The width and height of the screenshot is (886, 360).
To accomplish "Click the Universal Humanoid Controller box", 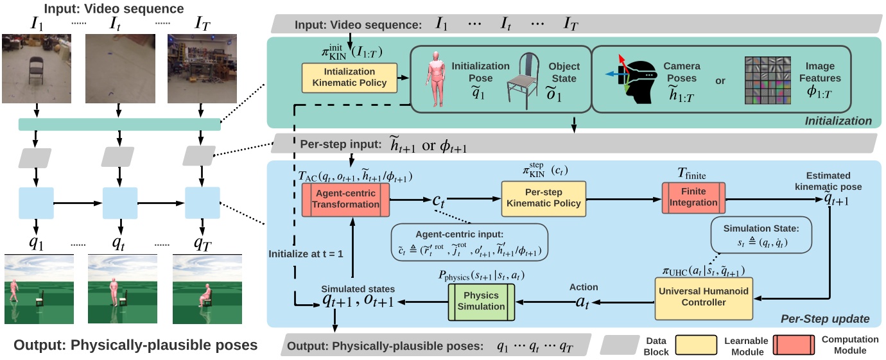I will click(704, 298).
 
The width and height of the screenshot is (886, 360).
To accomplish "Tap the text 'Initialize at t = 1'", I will click(306, 253).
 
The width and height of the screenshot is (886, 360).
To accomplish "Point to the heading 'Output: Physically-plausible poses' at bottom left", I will click(135, 345).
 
